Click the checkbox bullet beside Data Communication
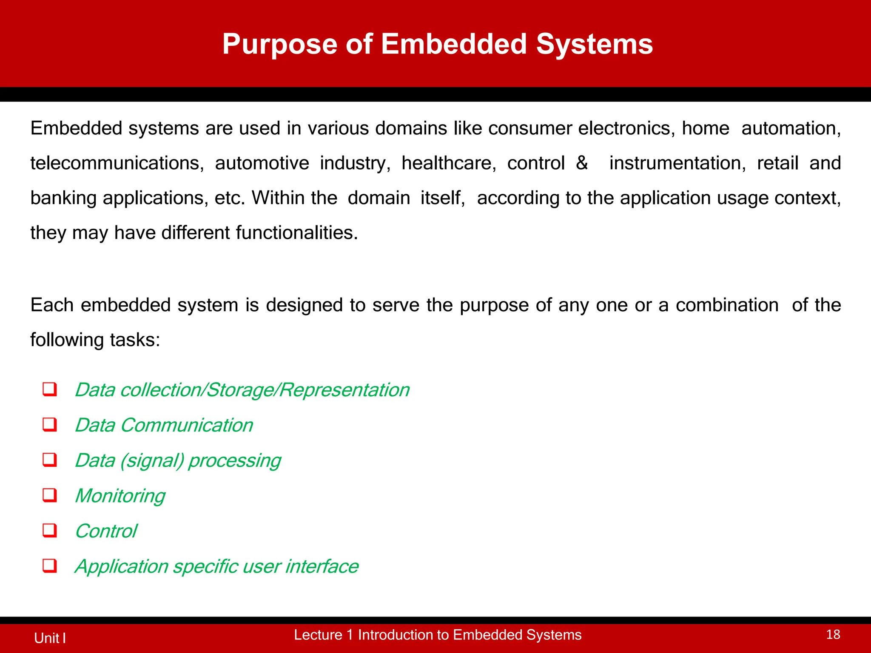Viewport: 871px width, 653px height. [50, 425]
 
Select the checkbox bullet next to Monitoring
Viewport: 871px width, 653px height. [50, 495]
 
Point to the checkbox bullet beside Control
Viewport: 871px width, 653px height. [50, 531]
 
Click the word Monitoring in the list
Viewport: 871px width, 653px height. [120, 496]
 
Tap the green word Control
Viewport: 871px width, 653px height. [106, 531]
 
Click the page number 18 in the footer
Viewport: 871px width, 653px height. [833, 635]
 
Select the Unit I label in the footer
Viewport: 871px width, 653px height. [50, 638]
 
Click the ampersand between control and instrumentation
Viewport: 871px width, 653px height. [582, 163]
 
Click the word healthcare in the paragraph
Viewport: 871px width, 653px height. [449, 163]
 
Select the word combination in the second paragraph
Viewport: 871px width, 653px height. [727, 305]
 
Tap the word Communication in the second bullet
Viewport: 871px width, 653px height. [187, 425]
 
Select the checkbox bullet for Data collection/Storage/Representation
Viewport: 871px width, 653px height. [50, 389]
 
